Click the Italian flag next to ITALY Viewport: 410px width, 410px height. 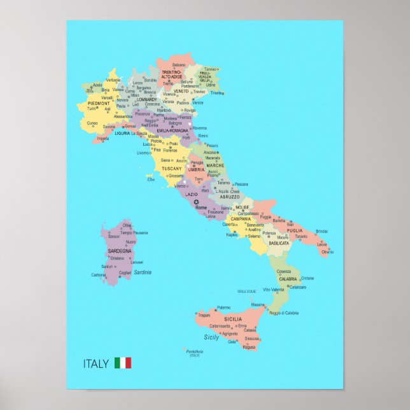[x=123, y=363]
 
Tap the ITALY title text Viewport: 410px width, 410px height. [x=96, y=364]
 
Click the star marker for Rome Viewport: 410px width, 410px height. [x=196, y=202]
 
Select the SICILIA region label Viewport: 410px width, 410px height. [x=232, y=318]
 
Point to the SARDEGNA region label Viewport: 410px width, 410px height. [x=120, y=251]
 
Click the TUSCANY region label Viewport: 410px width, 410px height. [x=172, y=169]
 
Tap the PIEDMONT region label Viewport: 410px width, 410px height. [x=99, y=102]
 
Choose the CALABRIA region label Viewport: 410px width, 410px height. [x=288, y=279]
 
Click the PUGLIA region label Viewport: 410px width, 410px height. [x=294, y=230]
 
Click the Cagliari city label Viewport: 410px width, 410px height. [x=125, y=272]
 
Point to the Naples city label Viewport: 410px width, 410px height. [x=232, y=235]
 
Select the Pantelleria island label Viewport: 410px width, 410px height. [x=194, y=351]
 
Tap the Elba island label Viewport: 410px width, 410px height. [x=151, y=179]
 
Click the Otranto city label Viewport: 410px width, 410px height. [x=327, y=252]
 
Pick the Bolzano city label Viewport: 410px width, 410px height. [x=179, y=65]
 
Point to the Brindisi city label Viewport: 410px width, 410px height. [x=322, y=231]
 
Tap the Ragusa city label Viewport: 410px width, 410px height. [x=250, y=347]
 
